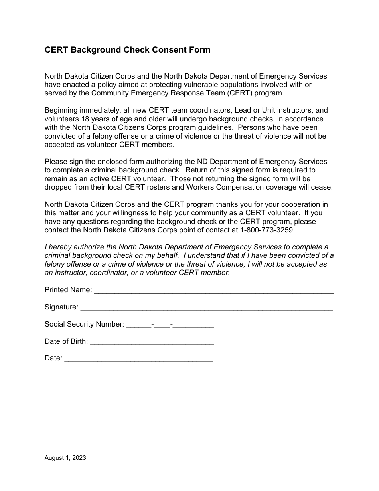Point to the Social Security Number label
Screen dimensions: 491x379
(84, 324)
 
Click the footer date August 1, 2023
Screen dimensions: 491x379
(65, 458)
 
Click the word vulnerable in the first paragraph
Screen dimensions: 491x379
(231, 85)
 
